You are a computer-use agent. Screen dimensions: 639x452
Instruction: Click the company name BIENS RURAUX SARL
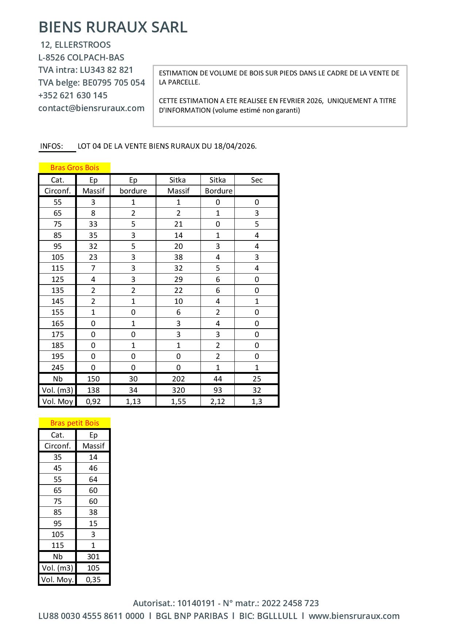[113, 27]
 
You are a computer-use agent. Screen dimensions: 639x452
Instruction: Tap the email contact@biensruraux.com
[91, 108]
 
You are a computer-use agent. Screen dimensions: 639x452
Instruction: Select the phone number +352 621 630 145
[73, 95]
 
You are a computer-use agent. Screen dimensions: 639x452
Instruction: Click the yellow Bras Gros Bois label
[74, 168]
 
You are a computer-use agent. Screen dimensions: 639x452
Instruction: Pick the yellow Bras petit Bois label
[74, 423]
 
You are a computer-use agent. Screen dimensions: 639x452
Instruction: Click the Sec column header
[257, 180]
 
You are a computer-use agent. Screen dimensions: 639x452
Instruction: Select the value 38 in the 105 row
[178, 257]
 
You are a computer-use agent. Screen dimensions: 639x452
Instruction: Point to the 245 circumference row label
[58, 368]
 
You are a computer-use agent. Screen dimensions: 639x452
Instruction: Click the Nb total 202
[178, 379]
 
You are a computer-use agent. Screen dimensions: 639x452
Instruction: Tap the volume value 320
[178, 390]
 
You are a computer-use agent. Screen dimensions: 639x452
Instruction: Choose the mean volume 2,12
[218, 401]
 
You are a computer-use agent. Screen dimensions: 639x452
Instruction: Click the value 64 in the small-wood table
[93, 479]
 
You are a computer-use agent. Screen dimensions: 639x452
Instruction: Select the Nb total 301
[93, 557]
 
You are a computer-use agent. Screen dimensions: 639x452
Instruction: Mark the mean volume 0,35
[93, 580]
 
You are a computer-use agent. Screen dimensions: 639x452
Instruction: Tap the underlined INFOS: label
[51, 146]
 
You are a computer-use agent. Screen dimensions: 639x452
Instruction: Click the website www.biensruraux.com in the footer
[354, 616]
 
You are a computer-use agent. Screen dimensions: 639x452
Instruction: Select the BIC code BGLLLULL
[277, 616]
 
